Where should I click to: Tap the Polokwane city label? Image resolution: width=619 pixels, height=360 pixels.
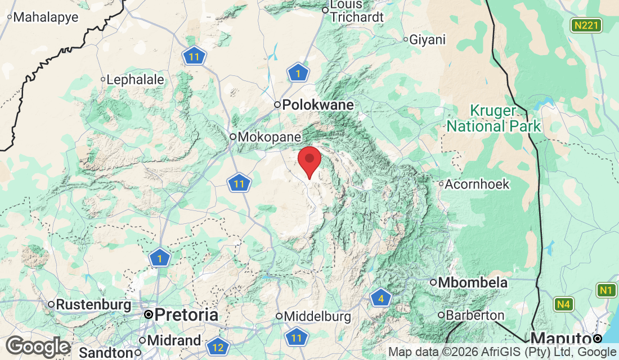(318, 105)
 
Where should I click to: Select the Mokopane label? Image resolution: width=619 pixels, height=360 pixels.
(269, 137)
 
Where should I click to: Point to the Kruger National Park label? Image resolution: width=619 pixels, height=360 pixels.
(494, 118)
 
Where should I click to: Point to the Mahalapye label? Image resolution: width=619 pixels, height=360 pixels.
(45, 17)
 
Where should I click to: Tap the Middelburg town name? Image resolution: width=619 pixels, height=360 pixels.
(317, 317)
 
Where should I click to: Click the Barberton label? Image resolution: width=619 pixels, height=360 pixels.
(475, 315)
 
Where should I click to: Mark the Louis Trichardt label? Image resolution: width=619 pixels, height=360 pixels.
(357, 11)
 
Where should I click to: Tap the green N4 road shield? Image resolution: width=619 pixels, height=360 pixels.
(564, 305)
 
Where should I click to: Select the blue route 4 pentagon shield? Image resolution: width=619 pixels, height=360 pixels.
(381, 298)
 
